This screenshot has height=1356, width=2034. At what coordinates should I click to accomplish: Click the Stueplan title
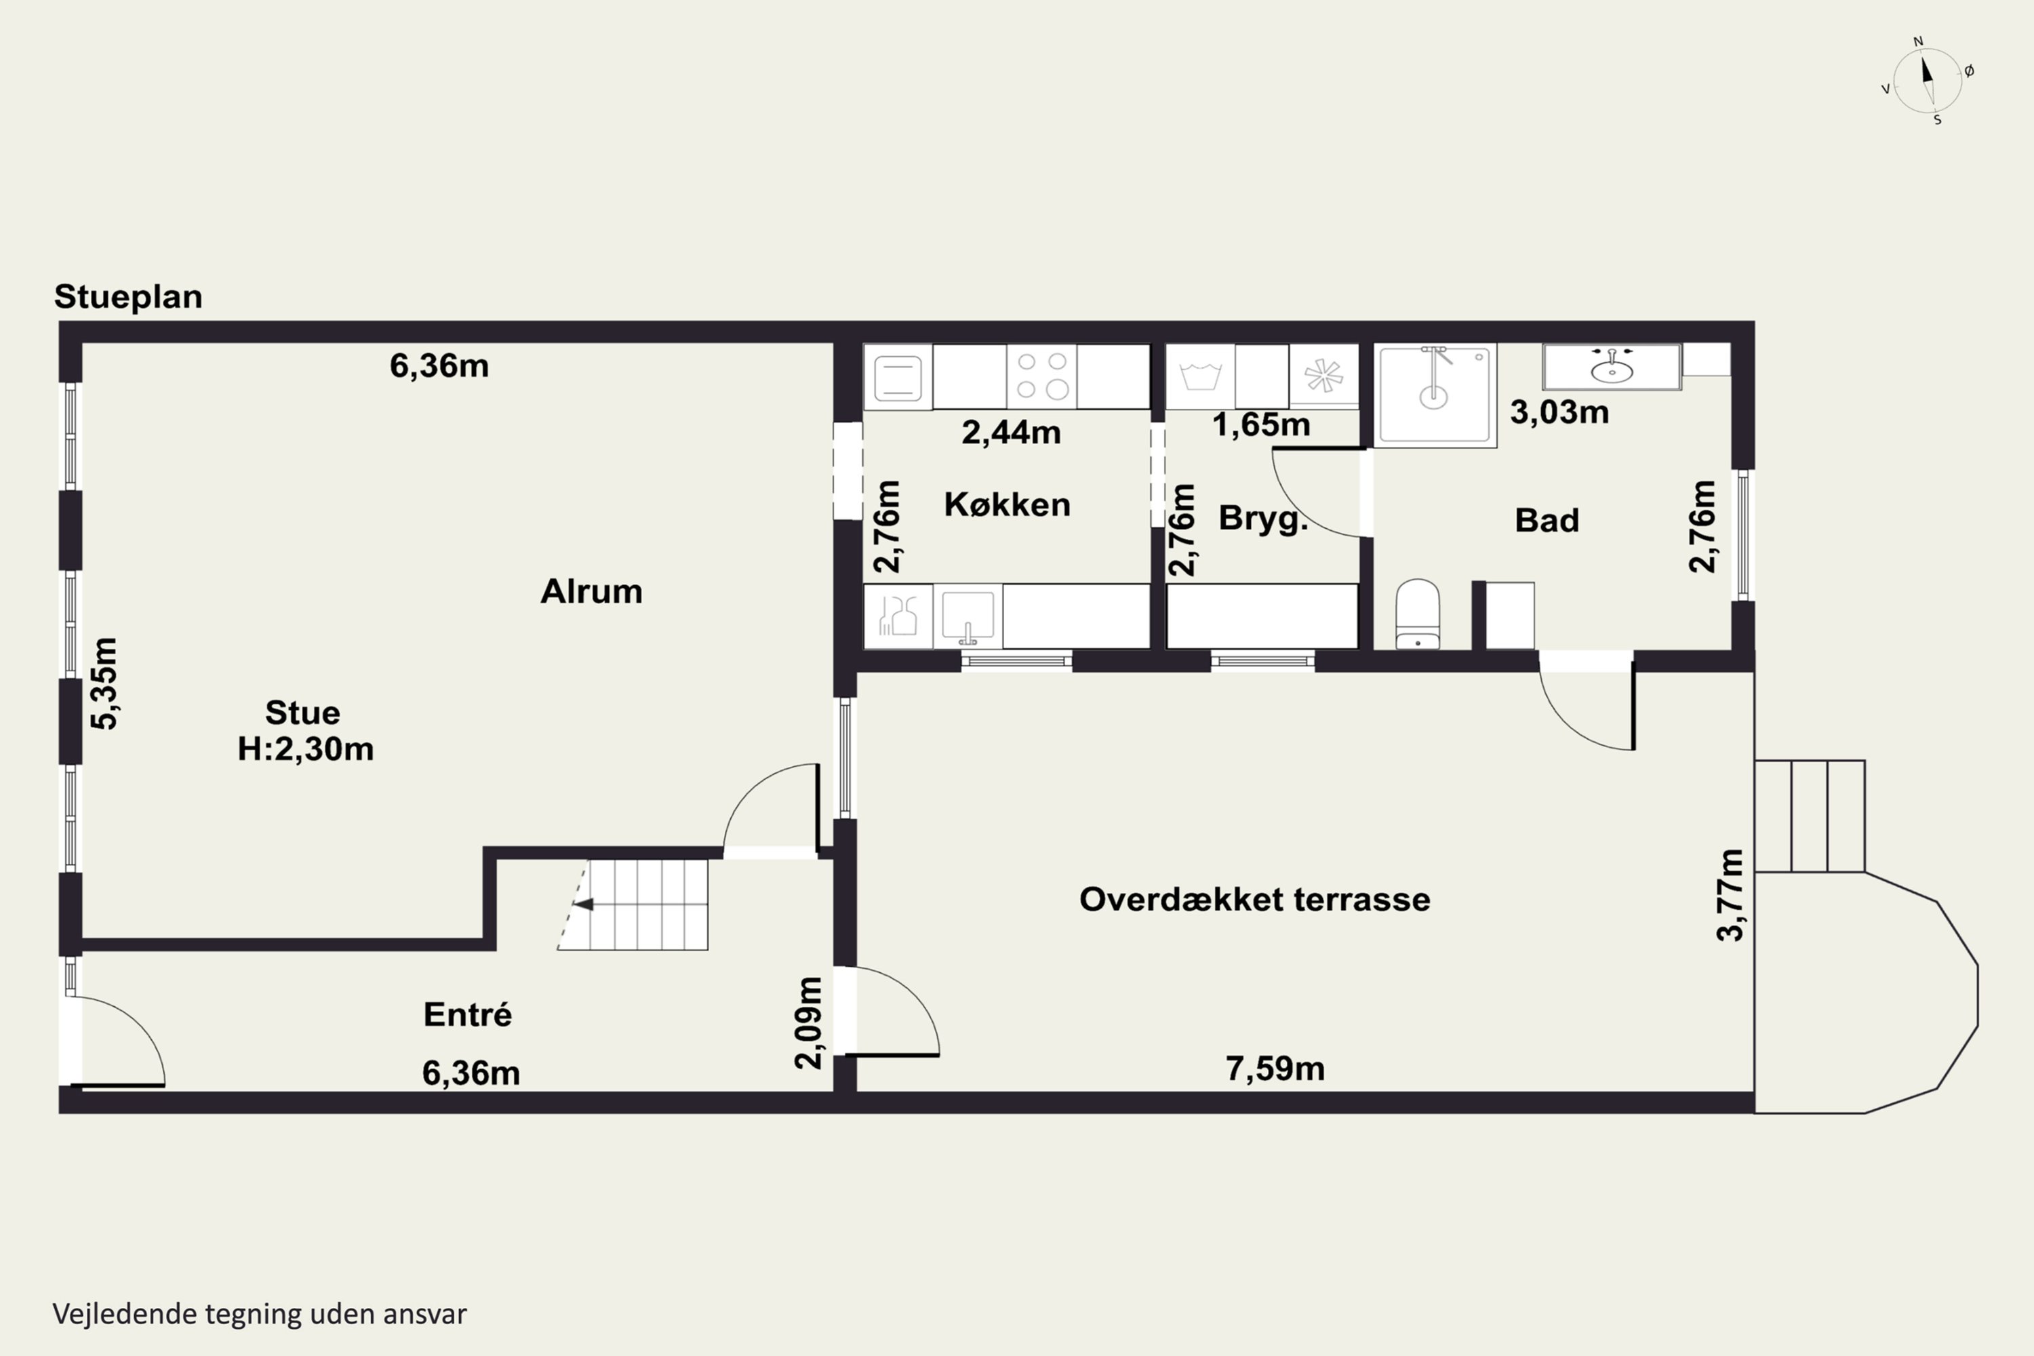click(x=128, y=298)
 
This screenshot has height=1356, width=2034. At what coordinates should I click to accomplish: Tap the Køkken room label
click(x=1007, y=504)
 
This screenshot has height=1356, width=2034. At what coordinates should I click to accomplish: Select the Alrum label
click(x=591, y=591)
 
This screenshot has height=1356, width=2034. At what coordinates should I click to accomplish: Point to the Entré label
click(x=468, y=1014)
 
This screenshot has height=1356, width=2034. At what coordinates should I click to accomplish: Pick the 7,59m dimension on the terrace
click(x=1275, y=1069)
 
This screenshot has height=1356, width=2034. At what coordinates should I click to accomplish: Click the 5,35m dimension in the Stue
click(x=104, y=683)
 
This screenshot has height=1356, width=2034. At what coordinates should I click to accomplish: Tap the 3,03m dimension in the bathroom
click(x=1559, y=412)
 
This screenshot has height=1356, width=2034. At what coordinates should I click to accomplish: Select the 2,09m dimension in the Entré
click(x=809, y=1023)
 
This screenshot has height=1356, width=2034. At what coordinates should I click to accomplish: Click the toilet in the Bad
click(x=1418, y=615)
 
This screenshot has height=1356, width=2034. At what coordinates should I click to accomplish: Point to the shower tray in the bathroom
click(x=1435, y=396)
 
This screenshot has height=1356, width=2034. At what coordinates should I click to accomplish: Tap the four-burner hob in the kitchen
click(x=1041, y=376)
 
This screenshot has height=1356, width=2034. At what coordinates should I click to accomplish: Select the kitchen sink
click(x=968, y=616)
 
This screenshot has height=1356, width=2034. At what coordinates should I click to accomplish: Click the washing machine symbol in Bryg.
click(x=1200, y=377)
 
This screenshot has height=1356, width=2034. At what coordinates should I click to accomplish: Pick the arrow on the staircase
click(x=584, y=904)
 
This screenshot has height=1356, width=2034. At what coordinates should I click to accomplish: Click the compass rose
click(x=1928, y=81)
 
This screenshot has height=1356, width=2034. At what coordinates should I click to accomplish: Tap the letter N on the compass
click(x=1918, y=41)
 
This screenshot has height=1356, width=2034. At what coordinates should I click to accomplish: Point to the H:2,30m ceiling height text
click(x=306, y=749)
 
